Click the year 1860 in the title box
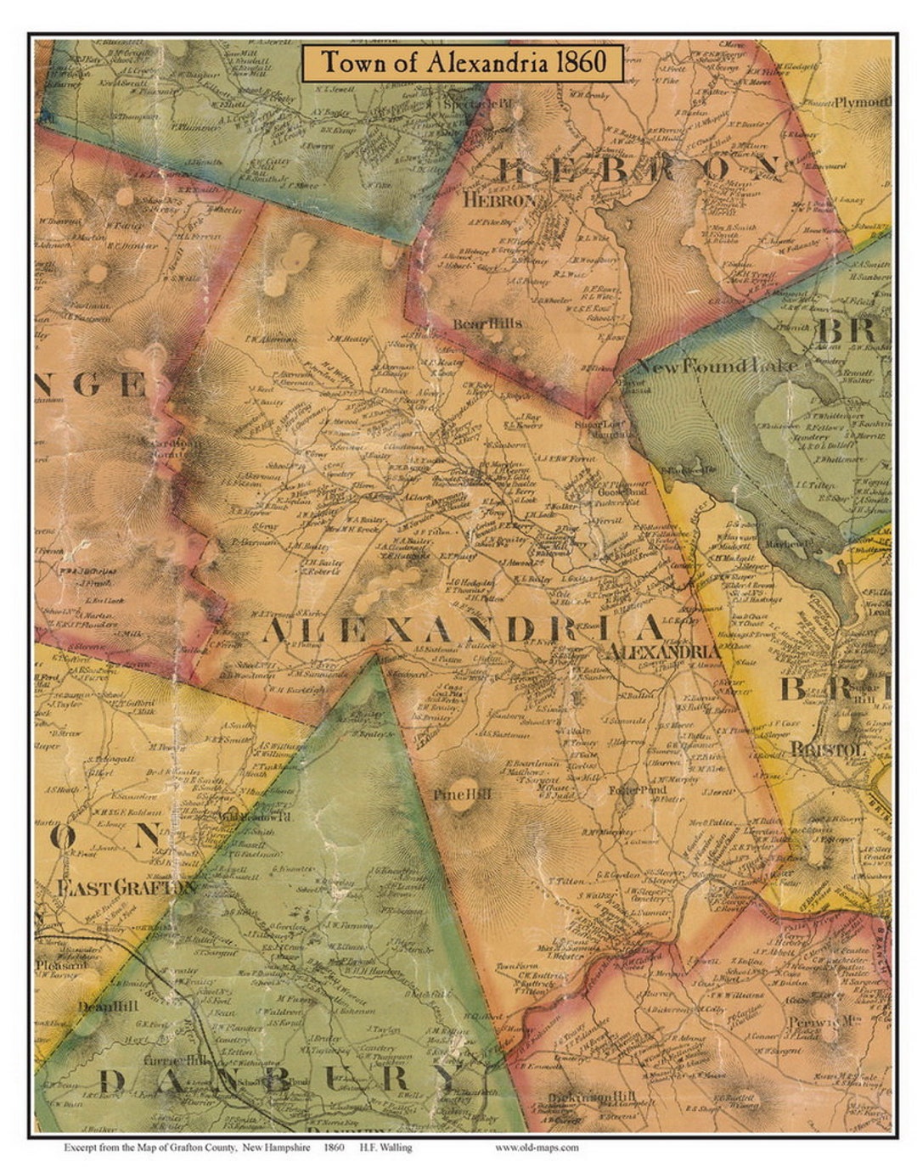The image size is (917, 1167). (582, 63)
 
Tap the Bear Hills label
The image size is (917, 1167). (487, 323)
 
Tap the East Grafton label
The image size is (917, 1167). (127, 888)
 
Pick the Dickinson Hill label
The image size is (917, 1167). (591, 1097)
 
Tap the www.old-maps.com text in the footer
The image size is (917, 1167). (537, 1147)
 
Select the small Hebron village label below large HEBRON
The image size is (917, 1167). (500, 200)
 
